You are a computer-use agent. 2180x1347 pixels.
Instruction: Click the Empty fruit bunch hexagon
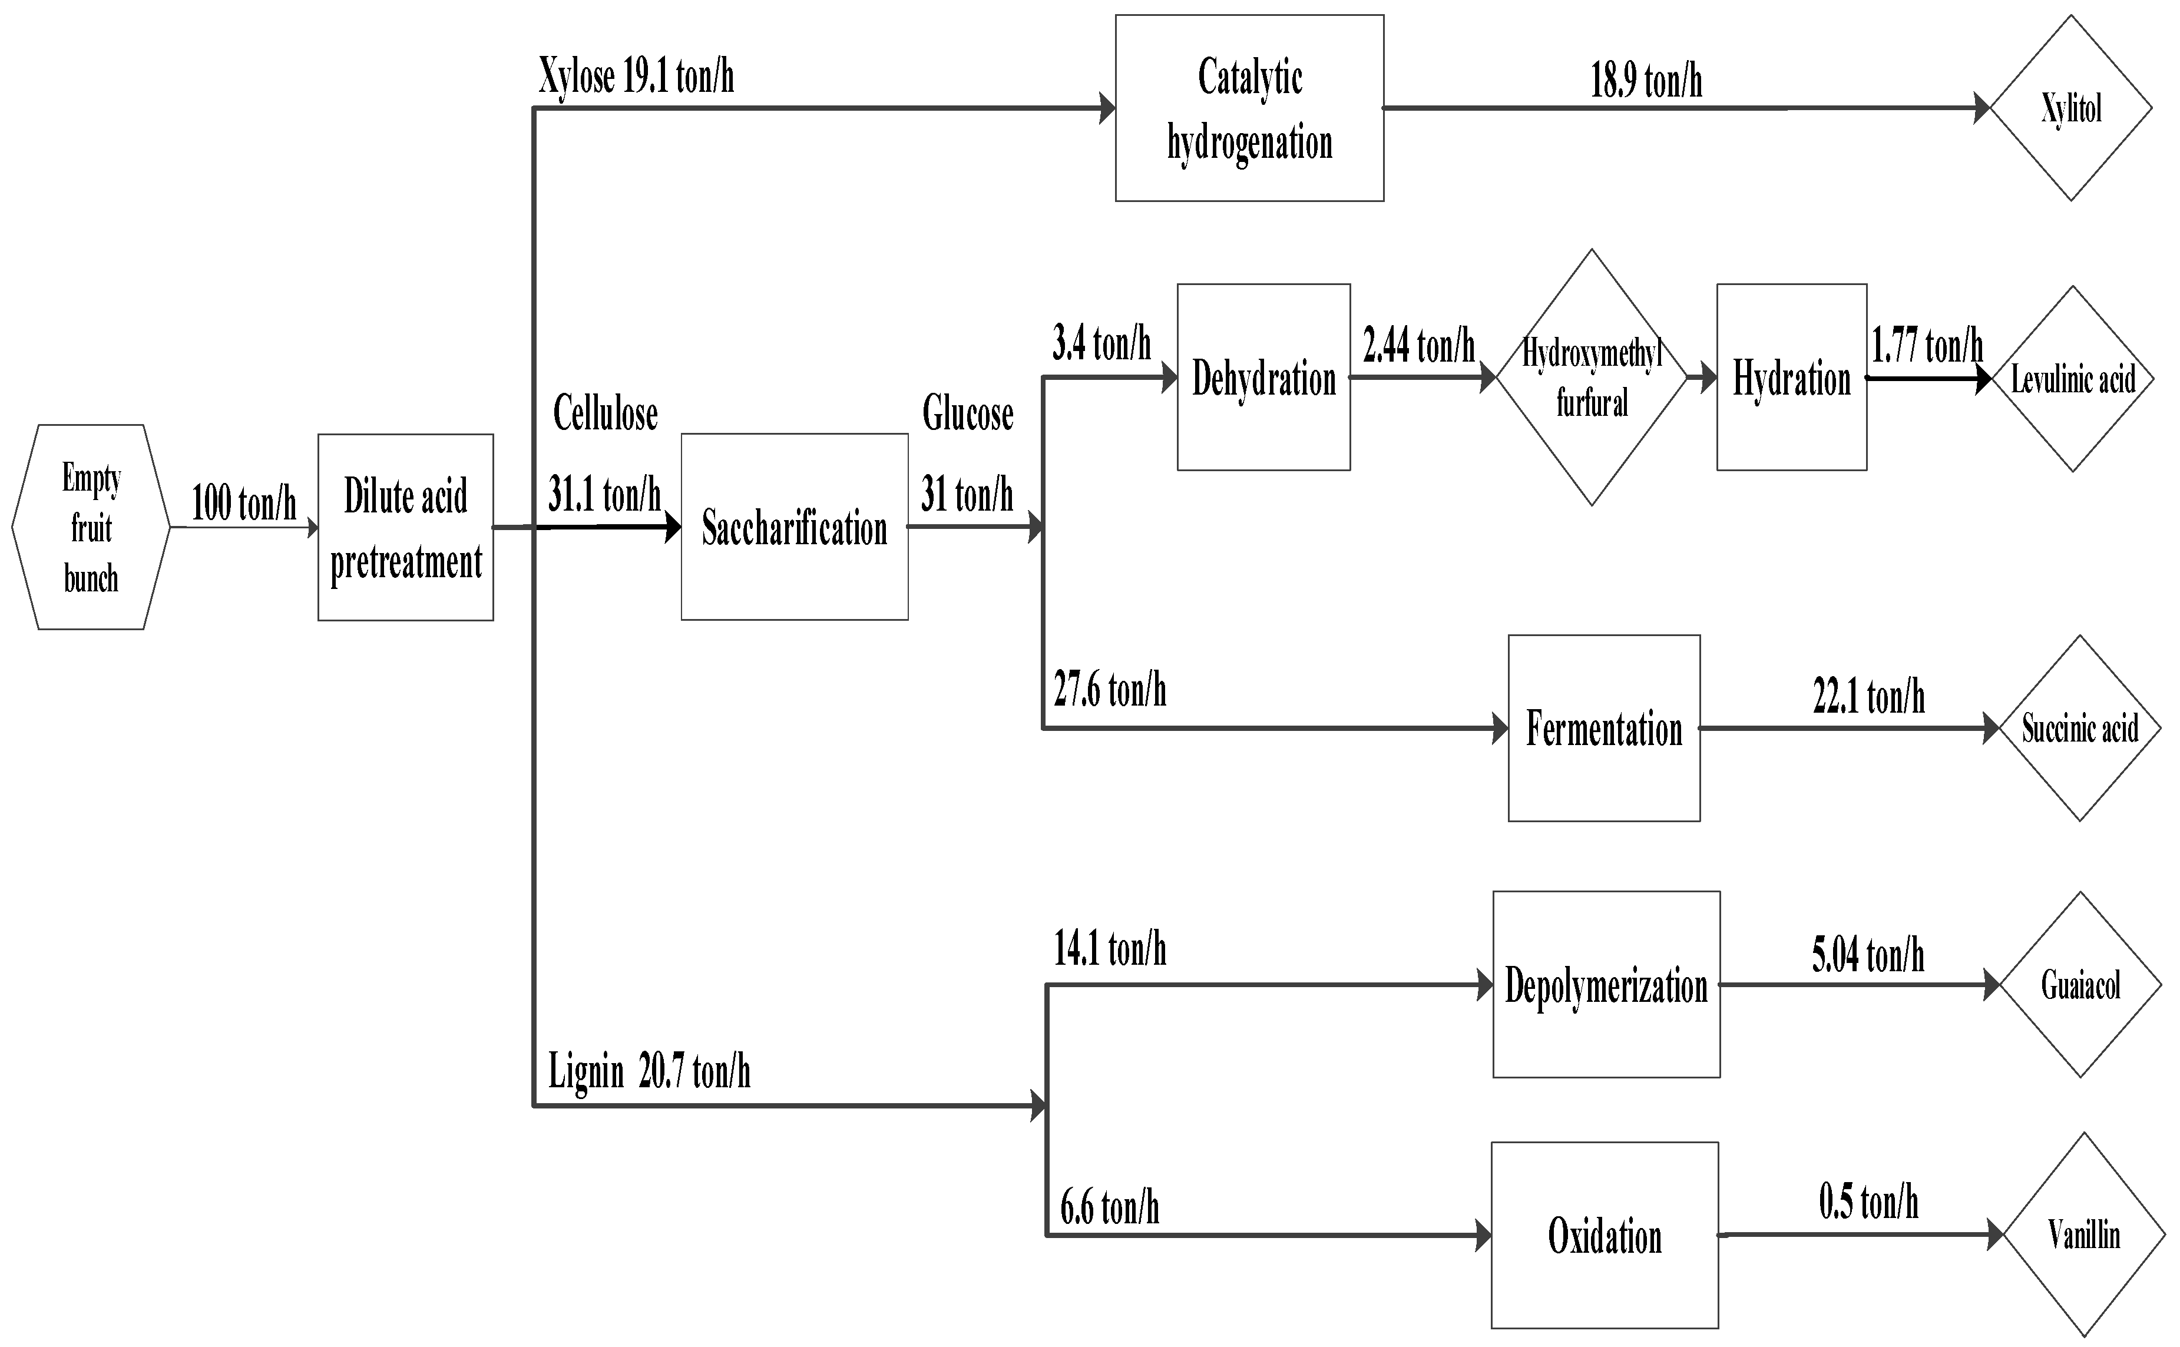pyautogui.click(x=91, y=527)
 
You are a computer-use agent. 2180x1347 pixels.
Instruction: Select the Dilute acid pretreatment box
pyautogui.click(x=405, y=527)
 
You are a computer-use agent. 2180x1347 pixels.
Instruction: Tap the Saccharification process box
pyautogui.click(x=794, y=527)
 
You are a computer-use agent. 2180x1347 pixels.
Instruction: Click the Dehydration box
pyautogui.click(x=1263, y=378)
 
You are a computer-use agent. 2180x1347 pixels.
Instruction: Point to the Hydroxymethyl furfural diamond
pyautogui.click(x=1591, y=378)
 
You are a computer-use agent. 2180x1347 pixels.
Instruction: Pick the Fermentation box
pyautogui.click(x=1603, y=728)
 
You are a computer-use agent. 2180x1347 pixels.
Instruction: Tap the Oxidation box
pyautogui.click(x=1605, y=1235)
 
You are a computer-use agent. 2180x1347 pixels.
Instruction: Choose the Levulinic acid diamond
pyautogui.click(x=2073, y=379)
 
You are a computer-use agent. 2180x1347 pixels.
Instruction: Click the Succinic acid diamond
pyautogui.click(x=2079, y=728)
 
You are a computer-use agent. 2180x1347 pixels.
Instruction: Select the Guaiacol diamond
pyautogui.click(x=2080, y=984)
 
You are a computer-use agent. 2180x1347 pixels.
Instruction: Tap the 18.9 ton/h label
pyautogui.click(x=1646, y=81)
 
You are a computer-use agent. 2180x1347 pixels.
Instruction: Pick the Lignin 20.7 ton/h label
pyautogui.click(x=649, y=1071)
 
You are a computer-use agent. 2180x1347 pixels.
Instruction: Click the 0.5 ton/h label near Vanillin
pyautogui.click(x=1868, y=1203)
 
